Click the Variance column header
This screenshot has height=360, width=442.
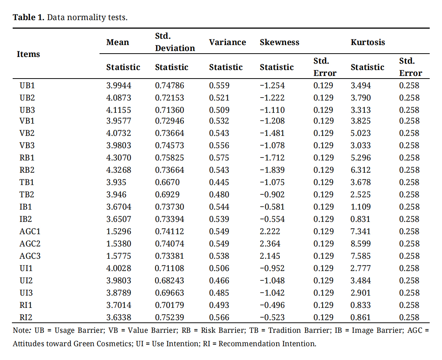tap(227, 42)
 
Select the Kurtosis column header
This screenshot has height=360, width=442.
tap(367, 42)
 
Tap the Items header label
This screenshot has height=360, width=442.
tap(28, 54)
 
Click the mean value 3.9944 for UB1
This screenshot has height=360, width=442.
tap(119, 85)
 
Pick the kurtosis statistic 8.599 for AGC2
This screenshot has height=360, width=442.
tap(360, 244)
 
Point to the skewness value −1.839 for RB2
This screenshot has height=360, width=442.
tap(272, 170)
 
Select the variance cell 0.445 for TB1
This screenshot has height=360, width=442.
tap(219, 182)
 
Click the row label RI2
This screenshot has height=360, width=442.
tap(26, 318)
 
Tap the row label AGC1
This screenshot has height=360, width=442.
tap(30, 231)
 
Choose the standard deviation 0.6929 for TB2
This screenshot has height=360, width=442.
tap(167, 195)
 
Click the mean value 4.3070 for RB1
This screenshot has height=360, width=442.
tap(119, 158)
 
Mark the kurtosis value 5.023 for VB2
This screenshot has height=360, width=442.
tap(360, 133)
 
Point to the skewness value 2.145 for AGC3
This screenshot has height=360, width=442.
tap(270, 256)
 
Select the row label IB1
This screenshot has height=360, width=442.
tap(25, 207)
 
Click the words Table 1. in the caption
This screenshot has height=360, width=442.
tap(28, 17)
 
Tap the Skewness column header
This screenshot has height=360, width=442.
tap(280, 42)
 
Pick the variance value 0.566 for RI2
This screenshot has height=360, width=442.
tap(219, 318)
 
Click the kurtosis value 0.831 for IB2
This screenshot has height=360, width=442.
tap(360, 219)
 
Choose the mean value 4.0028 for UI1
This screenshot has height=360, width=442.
tap(119, 268)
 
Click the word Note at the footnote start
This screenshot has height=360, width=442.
tap(20, 330)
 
